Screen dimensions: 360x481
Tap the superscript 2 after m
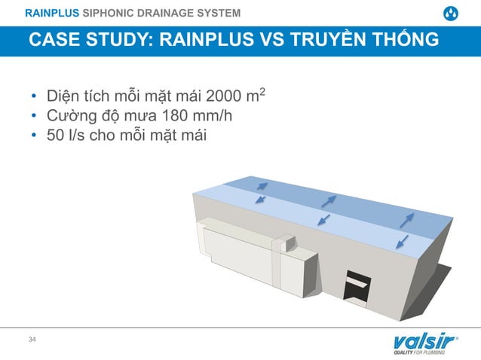(262, 93)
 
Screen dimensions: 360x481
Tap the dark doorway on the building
(357, 287)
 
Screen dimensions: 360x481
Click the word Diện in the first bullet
(63, 98)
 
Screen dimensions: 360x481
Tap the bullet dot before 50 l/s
(34, 137)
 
